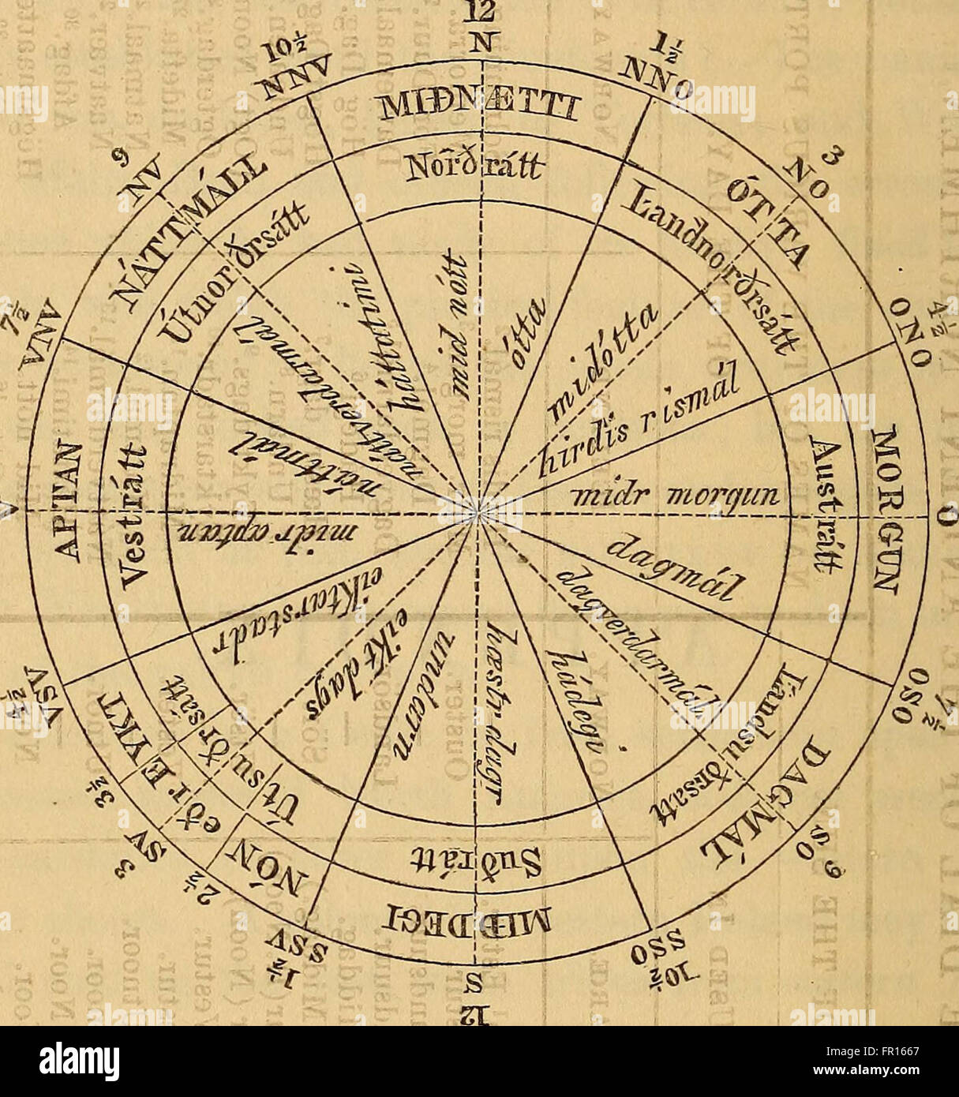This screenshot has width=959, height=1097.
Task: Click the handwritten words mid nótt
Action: click(455, 333)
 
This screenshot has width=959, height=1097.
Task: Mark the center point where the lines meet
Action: click(478, 511)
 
